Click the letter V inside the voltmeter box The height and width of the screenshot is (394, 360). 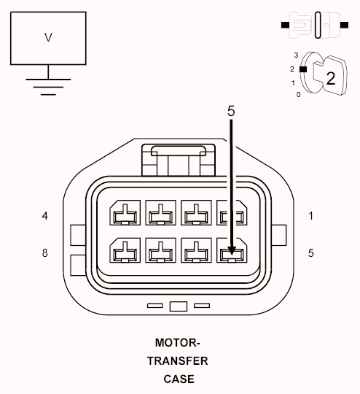(x=48, y=37)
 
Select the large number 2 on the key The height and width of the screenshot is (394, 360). (x=330, y=78)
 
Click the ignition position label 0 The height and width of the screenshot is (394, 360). (x=298, y=95)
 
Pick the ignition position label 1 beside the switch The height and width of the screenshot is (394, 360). (x=293, y=82)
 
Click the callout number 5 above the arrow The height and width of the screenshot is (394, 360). (x=231, y=112)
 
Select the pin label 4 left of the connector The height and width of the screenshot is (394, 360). (x=45, y=216)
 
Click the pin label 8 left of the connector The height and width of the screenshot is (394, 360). (x=45, y=253)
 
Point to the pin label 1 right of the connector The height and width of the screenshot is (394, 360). (x=311, y=216)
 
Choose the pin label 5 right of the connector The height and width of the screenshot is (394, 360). (x=311, y=253)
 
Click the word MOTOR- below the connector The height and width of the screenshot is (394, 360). (x=177, y=342)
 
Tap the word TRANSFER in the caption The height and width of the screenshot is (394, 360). (x=177, y=360)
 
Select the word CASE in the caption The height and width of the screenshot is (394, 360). (x=179, y=379)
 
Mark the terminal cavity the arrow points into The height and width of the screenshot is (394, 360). (x=231, y=252)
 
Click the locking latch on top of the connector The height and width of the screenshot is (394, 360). (x=179, y=158)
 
